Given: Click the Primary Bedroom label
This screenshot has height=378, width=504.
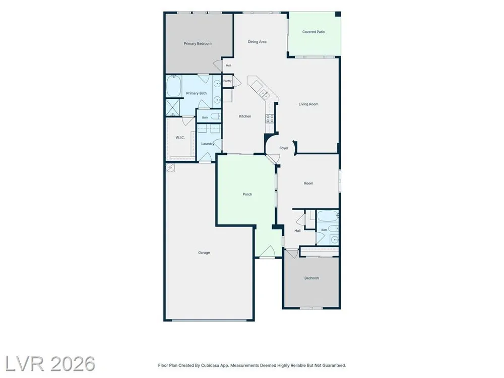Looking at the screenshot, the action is click(198, 44).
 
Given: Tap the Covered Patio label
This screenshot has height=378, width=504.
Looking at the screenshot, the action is click(313, 32).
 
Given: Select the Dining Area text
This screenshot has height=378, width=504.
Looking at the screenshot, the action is click(257, 42).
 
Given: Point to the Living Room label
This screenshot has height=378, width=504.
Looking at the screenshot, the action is click(308, 104).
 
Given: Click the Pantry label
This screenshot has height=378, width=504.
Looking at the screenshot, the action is click(227, 81).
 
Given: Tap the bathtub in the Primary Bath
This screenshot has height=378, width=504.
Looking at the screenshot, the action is click(174, 86).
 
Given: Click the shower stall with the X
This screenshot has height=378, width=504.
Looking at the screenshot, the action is click(172, 107).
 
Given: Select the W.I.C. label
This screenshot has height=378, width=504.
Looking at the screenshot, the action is click(180, 138).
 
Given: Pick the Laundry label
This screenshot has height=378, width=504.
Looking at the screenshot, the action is click(208, 144).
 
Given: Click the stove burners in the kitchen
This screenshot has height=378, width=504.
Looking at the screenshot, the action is click(270, 118).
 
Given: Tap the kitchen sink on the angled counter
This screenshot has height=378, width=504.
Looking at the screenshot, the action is click(265, 94).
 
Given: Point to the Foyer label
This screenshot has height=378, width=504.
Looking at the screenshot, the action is click(284, 148).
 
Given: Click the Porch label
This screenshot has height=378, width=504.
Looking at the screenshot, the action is click(247, 195).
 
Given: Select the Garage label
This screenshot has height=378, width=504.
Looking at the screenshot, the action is click(204, 253).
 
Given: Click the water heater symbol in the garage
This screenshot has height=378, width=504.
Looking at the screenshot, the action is click(170, 167).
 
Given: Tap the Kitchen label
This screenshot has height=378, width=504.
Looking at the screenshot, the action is click(245, 116).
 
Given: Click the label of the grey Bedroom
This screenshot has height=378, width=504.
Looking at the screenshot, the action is click(311, 278).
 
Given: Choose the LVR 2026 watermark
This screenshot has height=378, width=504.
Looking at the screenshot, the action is click(50, 364).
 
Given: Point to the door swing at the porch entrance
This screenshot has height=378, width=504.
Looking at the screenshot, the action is click(267, 252).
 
